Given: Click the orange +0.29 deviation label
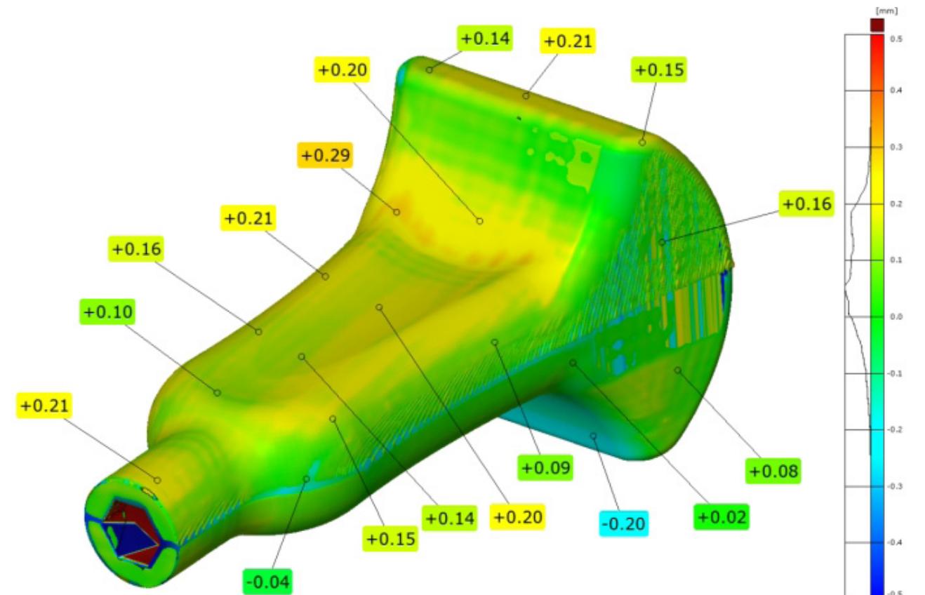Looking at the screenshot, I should point(326,154).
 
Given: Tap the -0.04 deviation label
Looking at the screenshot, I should point(268,581).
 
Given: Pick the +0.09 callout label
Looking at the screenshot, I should point(546,467).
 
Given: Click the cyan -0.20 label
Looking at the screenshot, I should point(624,523).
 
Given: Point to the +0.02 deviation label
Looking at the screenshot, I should point(722,517).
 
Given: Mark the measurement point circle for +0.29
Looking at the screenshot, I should point(397,212).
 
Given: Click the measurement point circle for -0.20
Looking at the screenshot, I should point(593,436).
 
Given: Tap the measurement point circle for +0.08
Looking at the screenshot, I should point(678,370).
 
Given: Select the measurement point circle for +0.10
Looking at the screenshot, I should point(217,393).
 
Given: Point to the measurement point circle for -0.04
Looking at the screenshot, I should point(306,479).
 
